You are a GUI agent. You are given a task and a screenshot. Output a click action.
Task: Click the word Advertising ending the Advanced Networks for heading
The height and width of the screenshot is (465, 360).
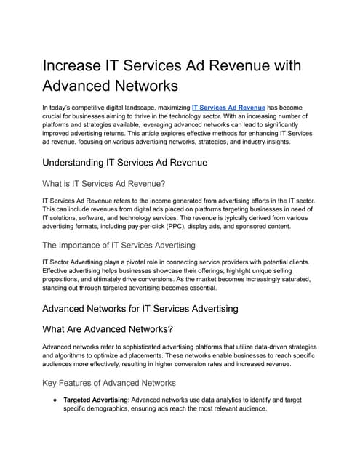[207, 308]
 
